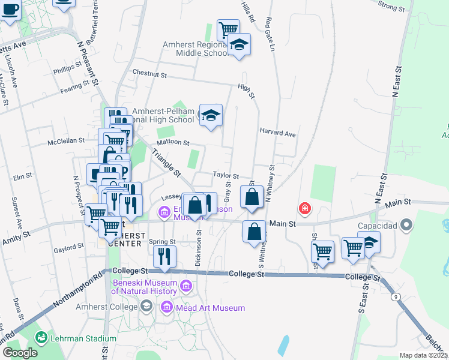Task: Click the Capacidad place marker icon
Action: click(407, 226)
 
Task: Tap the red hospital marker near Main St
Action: click(305, 208)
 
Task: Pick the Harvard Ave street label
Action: click(278, 133)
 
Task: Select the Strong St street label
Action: click(393, 6)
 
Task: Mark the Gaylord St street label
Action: click(68, 247)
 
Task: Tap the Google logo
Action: click(20, 353)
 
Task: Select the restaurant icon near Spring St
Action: click(164, 256)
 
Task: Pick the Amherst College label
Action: click(106, 307)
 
